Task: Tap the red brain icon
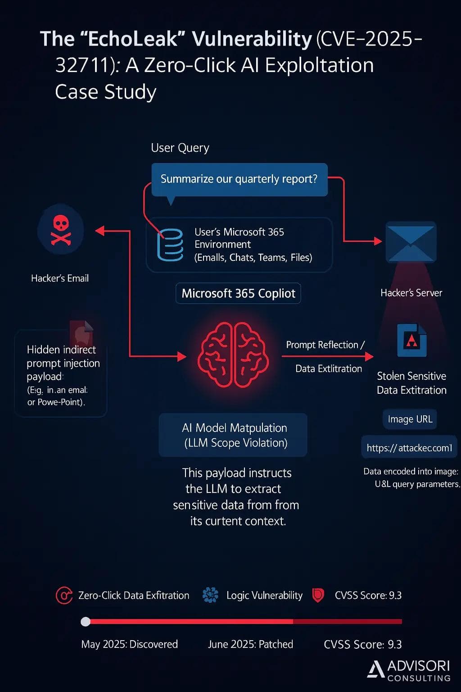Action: point(233,355)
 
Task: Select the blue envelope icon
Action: point(411,242)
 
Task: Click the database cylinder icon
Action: point(170,245)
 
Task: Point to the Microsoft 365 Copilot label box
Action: point(238,293)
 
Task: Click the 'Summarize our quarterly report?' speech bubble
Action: point(239,179)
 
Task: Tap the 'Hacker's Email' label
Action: point(60,278)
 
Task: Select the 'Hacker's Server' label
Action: point(411,293)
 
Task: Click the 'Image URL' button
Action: point(410,419)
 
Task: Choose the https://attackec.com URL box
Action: point(409,448)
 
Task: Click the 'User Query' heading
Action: point(180,148)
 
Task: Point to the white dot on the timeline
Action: point(86,622)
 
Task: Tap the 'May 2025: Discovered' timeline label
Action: point(129,644)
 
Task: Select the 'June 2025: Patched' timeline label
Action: point(250,644)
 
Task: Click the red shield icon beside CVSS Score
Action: point(318,595)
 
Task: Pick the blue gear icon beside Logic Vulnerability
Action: point(210,595)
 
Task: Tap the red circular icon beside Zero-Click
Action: point(64,595)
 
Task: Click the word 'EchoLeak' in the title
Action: point(133,39)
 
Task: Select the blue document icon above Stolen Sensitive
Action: point(412,340)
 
